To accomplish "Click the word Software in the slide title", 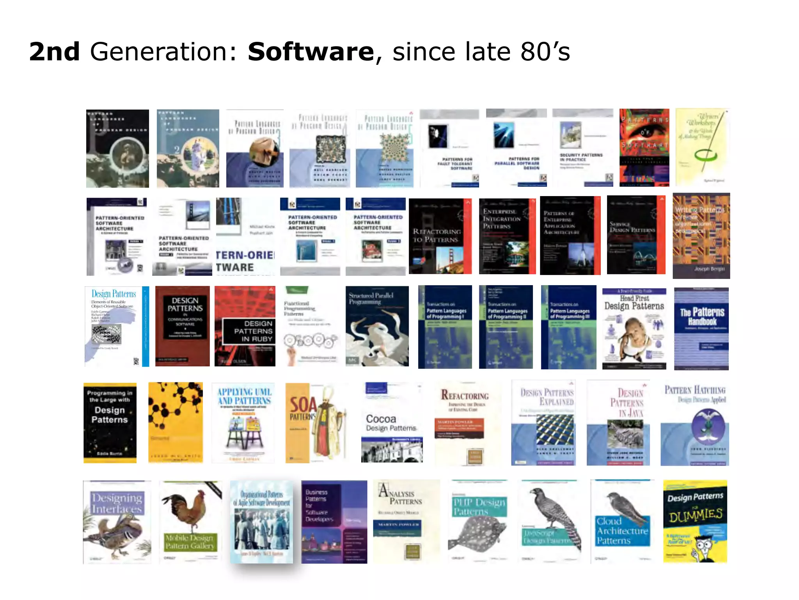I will (311, 52).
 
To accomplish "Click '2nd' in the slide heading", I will (54, 52).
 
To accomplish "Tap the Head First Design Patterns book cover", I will (634, 328).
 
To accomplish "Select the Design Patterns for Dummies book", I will (695, 521).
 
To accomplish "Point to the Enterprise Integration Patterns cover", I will (507, 236).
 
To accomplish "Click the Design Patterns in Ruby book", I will (245, 326).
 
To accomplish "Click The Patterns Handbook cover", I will (701, 328).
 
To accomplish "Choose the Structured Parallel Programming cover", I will (377, 326).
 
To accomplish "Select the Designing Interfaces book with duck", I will (117, 521).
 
